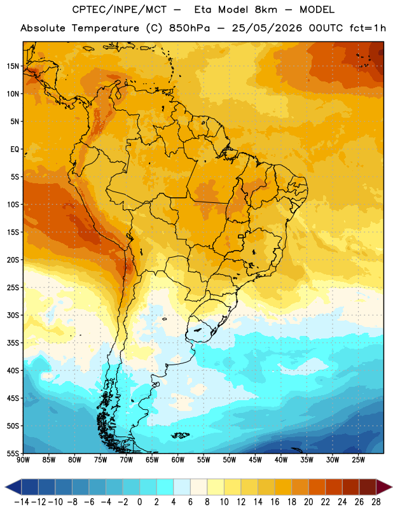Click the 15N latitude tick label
pos(13,66)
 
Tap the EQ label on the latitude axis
pos(15,150)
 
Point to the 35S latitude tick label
pos(13,343)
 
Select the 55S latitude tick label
pos(13,453)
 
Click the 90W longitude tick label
pos(23,459)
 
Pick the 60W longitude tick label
pos(178,459)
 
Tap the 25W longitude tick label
pos(358,459)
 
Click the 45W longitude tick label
pos(255,459)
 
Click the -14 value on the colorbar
pos(22,502)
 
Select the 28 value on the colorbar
pos(376,502)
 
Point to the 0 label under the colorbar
pos(139,502)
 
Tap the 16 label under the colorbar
pos(275,502)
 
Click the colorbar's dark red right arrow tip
pos(391,487)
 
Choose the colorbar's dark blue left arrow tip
pos(6,487)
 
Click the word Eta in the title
pos(203,10)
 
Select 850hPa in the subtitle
pos(190,28)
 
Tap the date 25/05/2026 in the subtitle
pos(267,28)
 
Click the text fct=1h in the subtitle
pos(368,28)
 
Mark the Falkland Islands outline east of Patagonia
pos(181,435)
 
